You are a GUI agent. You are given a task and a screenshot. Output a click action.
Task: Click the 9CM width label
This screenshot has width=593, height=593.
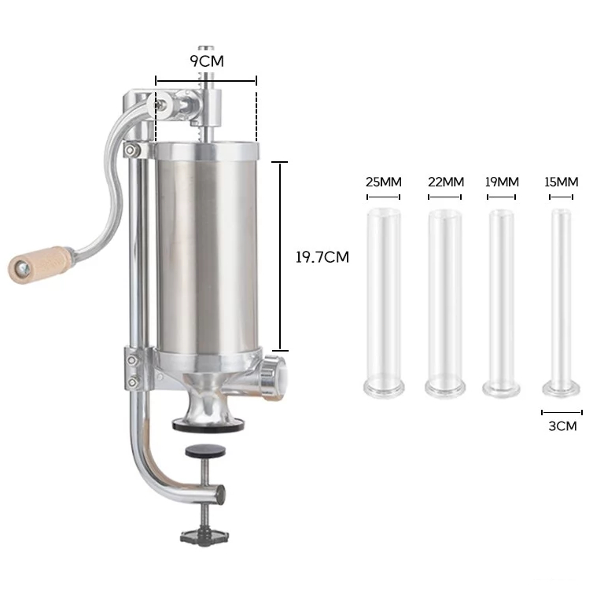pyautogui.click(x=207, y=61)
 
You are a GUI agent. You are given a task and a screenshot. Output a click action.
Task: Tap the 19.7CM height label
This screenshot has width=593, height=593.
pyautogui.click(x=322, y=257)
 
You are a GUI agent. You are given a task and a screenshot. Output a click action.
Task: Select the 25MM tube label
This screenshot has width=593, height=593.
pyautogui.click(x=384, y=182)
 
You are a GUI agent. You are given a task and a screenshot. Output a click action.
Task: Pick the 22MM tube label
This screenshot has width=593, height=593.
pyautogui.click(x=446, y=182)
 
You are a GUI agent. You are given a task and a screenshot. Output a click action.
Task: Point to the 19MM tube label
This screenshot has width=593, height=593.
pyautogui.click(x=502, y=182)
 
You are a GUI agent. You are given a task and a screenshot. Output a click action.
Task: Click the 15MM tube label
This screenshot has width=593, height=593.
pyautogui.click(x=562, y=182)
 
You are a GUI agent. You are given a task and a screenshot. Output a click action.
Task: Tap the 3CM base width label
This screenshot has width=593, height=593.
pyautogui.click(x=562, y=426)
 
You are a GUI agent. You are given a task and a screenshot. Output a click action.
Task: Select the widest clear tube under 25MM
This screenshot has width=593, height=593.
pyautogui.click(x=384, y=303)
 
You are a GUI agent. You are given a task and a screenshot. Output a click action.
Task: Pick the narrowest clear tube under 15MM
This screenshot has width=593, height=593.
pyautogui.click(x=562, y=303)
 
